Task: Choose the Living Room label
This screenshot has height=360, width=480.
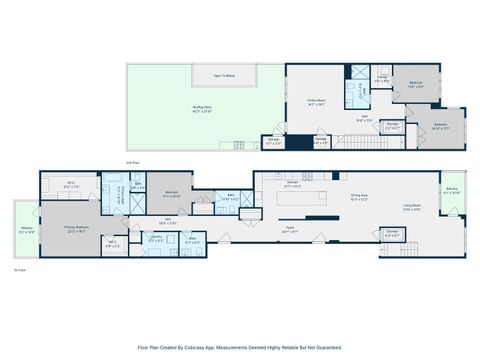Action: click(x=411, y=207)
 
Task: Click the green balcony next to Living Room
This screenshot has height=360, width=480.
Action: click(x=452, y=192)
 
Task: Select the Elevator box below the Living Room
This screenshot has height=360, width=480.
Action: click(x=393, y=234)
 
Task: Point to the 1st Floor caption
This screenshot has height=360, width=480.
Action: click(x=18, y=270)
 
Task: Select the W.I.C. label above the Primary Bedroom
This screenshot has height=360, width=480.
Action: click(x=70, y=185)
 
